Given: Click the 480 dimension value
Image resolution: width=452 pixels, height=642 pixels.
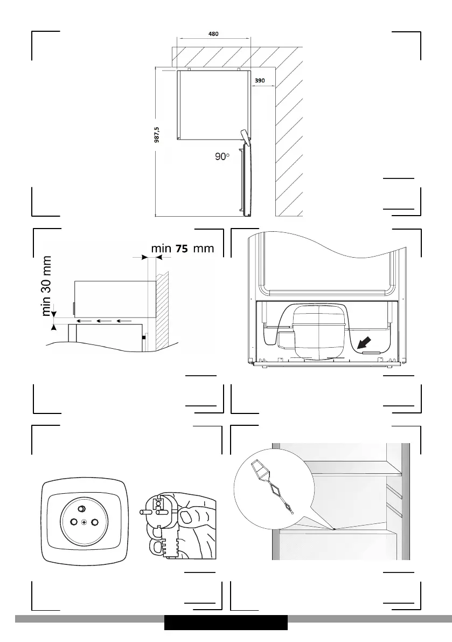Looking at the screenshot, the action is click(x=213, y=33).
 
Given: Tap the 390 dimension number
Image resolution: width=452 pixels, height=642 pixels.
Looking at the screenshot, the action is click(x=260, y=80).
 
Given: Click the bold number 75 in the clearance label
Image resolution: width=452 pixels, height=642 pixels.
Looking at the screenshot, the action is click(x=182, y=248).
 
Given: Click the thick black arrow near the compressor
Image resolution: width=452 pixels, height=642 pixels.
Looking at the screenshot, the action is click(x=365, y=342).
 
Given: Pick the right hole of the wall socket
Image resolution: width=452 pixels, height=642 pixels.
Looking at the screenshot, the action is click(x=95, y=522).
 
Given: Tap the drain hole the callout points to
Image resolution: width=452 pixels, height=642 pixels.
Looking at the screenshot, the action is click(x=334, y=529).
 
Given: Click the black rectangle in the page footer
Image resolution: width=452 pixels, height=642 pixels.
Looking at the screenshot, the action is click(x=226, y=623).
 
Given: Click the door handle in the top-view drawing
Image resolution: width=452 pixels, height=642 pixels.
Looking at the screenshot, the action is click(x=244, y=135).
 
